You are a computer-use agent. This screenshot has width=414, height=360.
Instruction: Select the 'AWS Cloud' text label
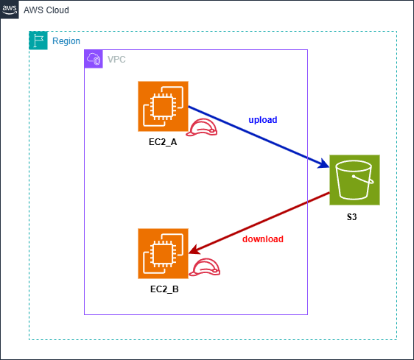tap(46, 10)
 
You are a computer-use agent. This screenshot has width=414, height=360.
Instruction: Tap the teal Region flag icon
tap(38, 41)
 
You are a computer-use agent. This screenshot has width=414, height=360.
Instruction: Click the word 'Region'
tap(66, 41)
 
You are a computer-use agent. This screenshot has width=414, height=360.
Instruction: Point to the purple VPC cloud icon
tap(94, 59)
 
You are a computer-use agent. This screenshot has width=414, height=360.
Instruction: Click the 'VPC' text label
tap(116, 59)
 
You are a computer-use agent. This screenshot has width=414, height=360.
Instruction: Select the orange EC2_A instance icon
tap(163, 106)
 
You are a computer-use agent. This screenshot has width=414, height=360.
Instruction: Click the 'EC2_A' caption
tap(163, 141)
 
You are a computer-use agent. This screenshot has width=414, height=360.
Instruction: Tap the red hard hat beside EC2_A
tap(203, 128)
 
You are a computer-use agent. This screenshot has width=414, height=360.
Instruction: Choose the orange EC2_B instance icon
tap(163, 253)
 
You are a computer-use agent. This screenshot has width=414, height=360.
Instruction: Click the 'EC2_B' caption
tap(163, 289)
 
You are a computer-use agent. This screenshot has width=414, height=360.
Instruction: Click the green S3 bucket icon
tap(354, 180)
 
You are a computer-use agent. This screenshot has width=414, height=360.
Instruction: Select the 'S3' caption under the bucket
tap(354, 217)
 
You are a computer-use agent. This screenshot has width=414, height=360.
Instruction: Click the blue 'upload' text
tap(263, 119)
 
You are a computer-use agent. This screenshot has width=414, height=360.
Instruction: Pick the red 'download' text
tap(263, 239)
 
